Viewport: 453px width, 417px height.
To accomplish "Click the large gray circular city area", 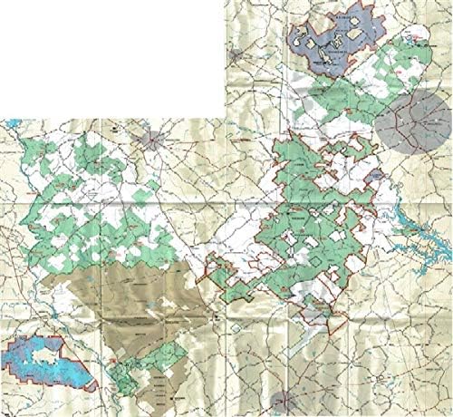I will pyautogui.click(x=412, y=124).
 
